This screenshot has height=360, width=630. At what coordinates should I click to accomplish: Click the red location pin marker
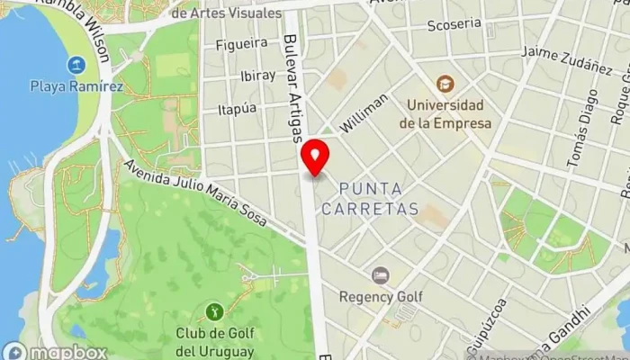[314, 157]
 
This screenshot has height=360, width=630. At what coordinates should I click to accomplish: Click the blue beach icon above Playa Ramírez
[75, 65]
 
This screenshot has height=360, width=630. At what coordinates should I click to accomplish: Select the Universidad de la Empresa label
[447, 114]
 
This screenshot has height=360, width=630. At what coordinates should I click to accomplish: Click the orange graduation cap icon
[445, 85]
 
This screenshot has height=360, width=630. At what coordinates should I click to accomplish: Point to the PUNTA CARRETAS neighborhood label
[379, 198]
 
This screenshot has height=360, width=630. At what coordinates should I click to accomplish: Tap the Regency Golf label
[380, 295]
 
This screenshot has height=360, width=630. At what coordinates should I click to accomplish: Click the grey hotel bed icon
[381, 274]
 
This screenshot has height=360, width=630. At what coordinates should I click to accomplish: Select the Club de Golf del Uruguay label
[214, 343]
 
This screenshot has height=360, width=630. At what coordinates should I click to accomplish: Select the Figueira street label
[241, 42]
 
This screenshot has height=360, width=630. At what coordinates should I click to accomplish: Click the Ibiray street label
[258, 76]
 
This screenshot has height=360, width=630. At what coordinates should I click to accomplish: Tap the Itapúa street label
[238, 108]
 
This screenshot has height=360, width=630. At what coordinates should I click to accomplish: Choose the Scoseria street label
[454, 24]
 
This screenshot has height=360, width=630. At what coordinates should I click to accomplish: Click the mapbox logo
[56, 352]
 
